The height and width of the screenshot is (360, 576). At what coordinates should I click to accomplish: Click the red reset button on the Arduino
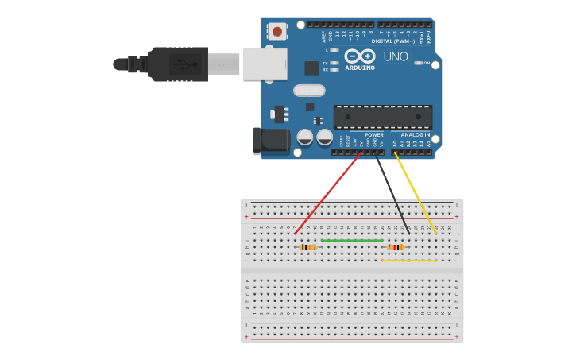(276, 32)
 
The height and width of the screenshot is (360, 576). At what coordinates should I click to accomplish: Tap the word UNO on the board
(396, 56)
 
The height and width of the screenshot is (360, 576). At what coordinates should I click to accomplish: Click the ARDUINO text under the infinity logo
(359, 68)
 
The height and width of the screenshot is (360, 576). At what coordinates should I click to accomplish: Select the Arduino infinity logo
(359, 56)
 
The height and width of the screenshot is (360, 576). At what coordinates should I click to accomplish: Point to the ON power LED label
(427, 63)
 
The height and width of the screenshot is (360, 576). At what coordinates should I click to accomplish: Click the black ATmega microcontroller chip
(383, 117)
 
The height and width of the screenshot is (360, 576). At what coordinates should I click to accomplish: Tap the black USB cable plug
(179, 64)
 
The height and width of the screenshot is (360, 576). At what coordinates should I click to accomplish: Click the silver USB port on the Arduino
(265, 64)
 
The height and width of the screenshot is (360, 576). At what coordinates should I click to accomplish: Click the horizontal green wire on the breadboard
(352, 240)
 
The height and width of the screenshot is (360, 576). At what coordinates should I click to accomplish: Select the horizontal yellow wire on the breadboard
(408, 260)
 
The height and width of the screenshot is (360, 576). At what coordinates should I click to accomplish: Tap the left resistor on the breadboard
(309, 247)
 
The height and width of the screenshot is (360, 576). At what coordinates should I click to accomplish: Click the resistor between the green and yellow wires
(395, 247)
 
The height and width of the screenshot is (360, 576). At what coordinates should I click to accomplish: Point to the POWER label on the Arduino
(373, 134)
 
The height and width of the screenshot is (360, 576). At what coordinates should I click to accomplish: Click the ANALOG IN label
(416, 134)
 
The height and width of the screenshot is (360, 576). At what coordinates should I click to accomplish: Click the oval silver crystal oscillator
(309, 90)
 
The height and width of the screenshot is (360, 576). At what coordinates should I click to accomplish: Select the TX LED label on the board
(325, 63)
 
